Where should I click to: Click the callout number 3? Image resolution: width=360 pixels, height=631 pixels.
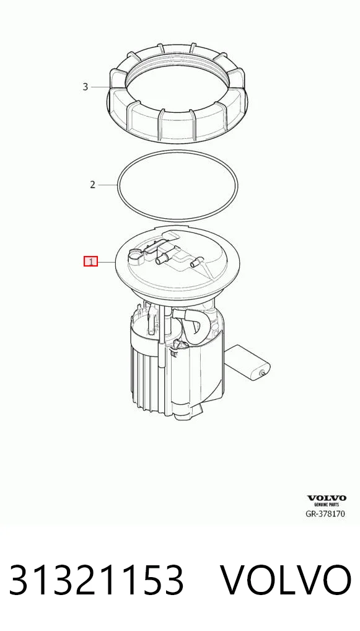pyautogui.click(x=85, y=87)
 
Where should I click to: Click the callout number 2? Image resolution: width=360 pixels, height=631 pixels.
pyautogui.click(x=92, y=185)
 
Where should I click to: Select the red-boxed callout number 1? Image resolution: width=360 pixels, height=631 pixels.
pyautogui.click(x=90, y=262)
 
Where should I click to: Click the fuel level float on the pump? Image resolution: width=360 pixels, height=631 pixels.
pyautogui.click(x=248, y=361)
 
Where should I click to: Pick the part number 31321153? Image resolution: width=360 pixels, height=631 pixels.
pyautogui.click(x=96, y=580)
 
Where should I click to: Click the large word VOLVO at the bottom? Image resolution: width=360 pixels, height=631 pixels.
pyautogui.click(x=286, y=580)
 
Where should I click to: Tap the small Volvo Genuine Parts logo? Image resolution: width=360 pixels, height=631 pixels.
pyautogui.click(x=326, y=501)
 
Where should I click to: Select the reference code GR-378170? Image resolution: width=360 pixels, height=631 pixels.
pyautogui.click(x=325, y=513)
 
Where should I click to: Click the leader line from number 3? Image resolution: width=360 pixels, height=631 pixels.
pyautogui.click(x=100, y=87)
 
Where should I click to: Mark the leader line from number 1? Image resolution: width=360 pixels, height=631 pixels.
pyautogui.click(x=107, y=262)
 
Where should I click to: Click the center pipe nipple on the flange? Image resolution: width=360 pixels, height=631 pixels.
pyautogui.click(x=162, y=258)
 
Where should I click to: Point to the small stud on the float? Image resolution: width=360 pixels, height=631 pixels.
pyautogui.click(x=263, y=373)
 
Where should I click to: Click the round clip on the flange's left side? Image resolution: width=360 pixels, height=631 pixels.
pyautogui.click(x=134, y=256)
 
